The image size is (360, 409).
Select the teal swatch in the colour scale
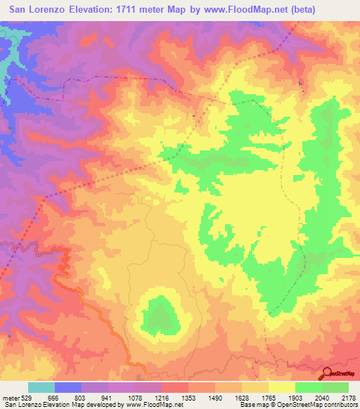41,387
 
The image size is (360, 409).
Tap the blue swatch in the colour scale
68,387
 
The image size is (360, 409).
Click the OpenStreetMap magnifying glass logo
326,374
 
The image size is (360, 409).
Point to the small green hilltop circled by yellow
162,314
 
